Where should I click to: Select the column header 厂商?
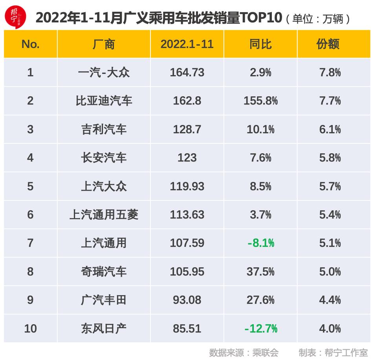coord(104,44)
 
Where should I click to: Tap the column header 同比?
coord(260,44)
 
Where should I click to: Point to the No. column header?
coord(30,44)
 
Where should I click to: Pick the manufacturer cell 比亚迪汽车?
coord(104,101)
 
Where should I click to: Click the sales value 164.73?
coord(187,73)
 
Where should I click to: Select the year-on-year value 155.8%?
coord(260,101)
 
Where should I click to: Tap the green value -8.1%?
coord(260,243)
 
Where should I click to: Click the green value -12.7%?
coord(260,329)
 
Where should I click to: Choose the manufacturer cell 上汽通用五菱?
coord(104,215)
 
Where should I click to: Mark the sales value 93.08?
coord(187,300)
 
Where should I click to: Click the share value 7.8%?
coord(330,73)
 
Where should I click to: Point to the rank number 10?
coord(30,329)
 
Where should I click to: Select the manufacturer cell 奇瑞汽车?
coord(104,272)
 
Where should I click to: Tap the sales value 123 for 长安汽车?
coord(187,158)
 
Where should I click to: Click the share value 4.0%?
coord(330,329)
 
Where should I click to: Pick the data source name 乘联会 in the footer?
coord(267,353)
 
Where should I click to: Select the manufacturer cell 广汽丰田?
coord(104,300)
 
